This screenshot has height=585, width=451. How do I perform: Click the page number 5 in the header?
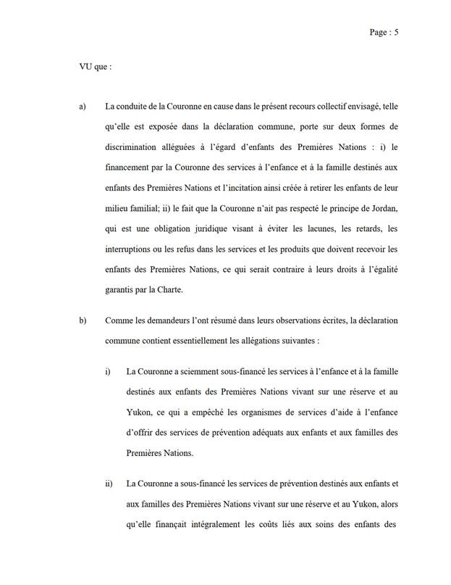[397, 32]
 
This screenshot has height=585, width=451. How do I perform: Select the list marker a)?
[83, 107]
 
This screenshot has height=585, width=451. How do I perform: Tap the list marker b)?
[83, 320]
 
